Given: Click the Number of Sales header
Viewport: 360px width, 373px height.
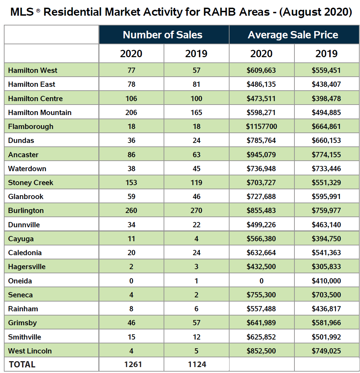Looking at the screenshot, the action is [163, 35].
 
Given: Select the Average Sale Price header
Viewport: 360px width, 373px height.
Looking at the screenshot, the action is [293, 35].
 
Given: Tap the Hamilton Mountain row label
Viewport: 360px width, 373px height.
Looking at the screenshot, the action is [40, 113].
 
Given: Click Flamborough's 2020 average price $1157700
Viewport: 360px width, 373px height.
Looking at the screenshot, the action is [261, 127].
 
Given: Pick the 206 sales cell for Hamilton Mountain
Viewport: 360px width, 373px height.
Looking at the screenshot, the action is [131, 113].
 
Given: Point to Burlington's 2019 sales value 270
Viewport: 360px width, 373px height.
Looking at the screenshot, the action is [196, 211].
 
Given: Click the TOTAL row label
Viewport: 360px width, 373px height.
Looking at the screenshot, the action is [22, 364].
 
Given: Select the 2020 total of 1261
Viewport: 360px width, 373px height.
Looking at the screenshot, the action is [133, 364].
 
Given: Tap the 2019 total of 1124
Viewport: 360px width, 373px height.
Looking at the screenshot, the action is [197, 364].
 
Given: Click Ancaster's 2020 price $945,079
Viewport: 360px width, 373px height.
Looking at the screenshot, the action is [261, 155].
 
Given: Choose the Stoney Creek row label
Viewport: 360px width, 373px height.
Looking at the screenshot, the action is [31, 182].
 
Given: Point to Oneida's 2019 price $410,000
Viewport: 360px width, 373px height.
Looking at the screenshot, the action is [327, 281].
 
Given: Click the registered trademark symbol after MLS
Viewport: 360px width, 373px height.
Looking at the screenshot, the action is [38, 10].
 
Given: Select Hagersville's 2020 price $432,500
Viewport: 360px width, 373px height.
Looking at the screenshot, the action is [261, 267].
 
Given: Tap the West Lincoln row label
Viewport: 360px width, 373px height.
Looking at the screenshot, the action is [30, 351].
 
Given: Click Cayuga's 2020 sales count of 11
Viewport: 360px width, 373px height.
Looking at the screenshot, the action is [131, 238].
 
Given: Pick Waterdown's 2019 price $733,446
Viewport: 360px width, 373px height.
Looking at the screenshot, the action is [327, 169].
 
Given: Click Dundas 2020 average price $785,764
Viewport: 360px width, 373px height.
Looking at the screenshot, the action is [261, 140].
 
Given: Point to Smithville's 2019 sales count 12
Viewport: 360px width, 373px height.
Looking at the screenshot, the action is [196, 337].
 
